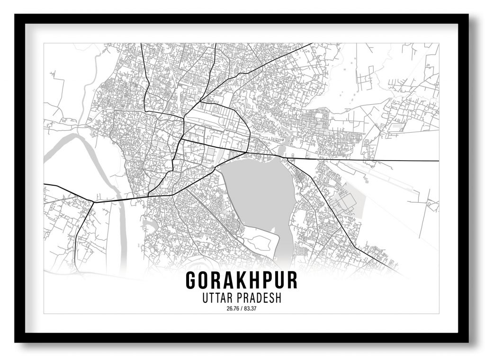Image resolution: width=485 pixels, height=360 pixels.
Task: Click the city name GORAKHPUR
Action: click(x=242, y=280)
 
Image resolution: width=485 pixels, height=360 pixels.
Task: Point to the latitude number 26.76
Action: click(x=233, y=310)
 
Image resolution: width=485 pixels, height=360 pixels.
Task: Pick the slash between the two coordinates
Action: click(x=242, y=310)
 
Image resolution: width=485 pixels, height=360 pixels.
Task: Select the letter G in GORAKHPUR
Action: click(x=191, y=280)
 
